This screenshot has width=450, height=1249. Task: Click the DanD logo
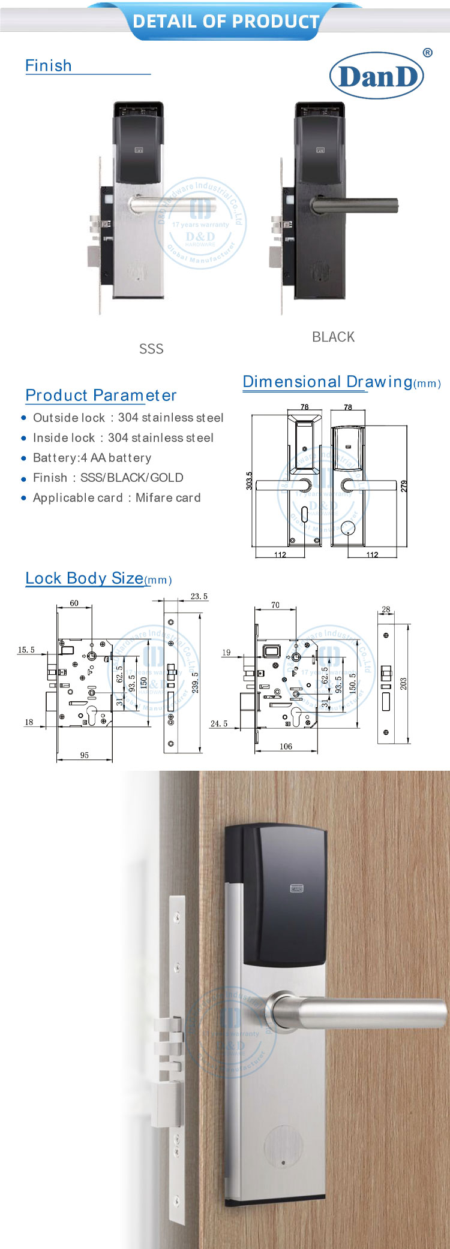[377, 76]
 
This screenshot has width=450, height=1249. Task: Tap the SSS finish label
[151, 349]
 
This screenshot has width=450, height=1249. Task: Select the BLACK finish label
[333, 337]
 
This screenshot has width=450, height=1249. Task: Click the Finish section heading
[49, 65]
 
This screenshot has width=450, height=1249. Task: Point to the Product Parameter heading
[101, 396]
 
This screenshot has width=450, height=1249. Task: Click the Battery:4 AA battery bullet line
[92, 458]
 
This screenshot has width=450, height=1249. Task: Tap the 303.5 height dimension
[249, 481]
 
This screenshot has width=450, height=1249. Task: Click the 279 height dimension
[404, 486]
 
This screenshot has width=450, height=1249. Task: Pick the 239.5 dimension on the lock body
[195, 683]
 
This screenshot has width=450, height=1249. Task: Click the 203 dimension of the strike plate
[403, 683]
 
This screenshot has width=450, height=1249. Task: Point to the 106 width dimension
[286, 746]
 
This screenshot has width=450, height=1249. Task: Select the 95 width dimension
[85, 755]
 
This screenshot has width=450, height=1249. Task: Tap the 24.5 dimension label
[219, 723]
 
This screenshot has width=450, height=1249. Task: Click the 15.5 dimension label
[26, 650]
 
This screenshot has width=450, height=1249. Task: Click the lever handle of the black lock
[357, 206]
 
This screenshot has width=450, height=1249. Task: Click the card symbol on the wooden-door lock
[296, 888]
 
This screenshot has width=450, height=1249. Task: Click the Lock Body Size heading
[85, 578]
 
